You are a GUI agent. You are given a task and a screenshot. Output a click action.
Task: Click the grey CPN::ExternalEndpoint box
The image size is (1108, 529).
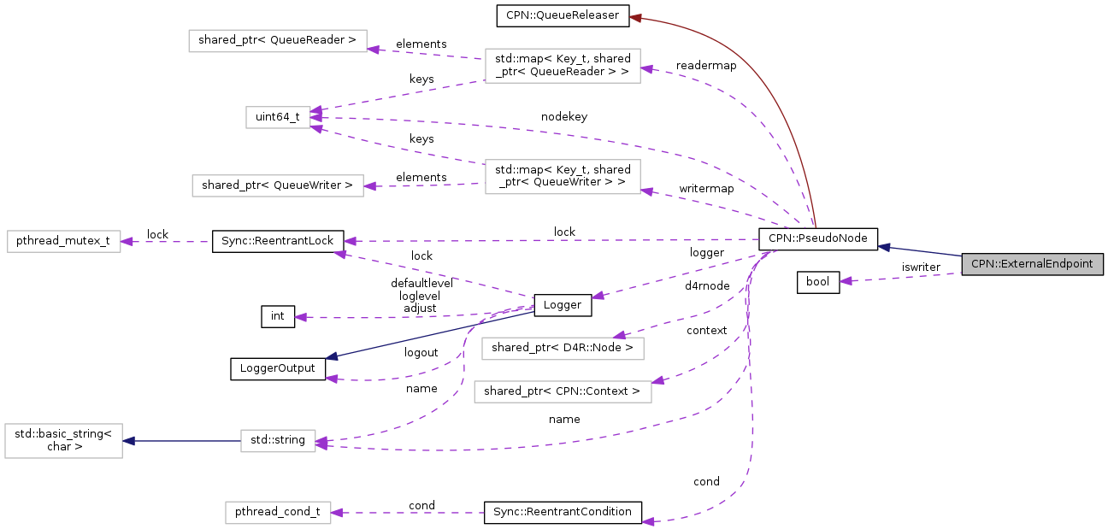[x=1032, y=264]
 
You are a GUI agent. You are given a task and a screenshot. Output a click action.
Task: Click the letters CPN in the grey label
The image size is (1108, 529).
[x=981, y=264]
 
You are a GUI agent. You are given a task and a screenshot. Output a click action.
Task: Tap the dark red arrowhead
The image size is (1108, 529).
[x=635, y=17]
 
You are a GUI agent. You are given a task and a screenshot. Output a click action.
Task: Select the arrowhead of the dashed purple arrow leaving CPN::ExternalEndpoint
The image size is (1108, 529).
[x=846, y=280]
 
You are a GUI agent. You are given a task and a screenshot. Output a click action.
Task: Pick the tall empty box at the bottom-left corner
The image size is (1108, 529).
[x=63, y=441]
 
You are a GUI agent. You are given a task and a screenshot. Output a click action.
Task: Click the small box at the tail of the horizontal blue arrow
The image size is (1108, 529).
[x=278, y=441]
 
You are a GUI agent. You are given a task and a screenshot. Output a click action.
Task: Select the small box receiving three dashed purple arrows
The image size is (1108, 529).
[x=278, y=117]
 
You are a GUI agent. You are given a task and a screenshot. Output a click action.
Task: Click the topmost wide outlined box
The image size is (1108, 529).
[x=277, y=41]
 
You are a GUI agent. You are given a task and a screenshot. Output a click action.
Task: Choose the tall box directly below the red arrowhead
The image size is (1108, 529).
[x=563, y=66]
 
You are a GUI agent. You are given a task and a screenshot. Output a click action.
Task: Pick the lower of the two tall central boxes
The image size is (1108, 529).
[x=563, y=177]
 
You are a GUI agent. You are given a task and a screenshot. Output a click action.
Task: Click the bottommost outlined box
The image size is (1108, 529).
[x=278, y=513]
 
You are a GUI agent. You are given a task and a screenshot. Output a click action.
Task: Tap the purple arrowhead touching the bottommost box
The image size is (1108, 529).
[x=337, y=513]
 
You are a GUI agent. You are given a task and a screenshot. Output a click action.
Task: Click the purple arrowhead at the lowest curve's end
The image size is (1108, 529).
[x=648, y=521]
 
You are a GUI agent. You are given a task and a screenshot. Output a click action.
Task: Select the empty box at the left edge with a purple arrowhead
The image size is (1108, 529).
[x=64, y=241]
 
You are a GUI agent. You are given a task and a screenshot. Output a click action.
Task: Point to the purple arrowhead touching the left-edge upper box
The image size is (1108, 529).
[x=127, y=242]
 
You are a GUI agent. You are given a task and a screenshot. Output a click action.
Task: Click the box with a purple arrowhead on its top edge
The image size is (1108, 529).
[x=563, y=349]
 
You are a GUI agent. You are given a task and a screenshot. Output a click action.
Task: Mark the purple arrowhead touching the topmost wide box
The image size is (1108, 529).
[x=373, y=50]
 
